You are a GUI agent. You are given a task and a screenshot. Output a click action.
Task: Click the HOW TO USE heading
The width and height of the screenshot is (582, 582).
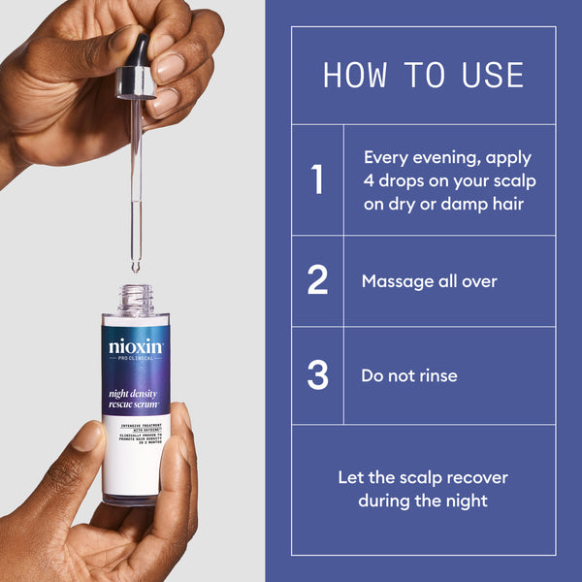tap(423, 76)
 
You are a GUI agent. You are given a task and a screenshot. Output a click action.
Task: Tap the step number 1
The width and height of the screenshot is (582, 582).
tap(317, 180)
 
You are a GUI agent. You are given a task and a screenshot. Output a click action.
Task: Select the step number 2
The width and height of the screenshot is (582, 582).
tap(317, 281)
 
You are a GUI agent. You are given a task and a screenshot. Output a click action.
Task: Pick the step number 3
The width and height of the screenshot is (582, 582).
tap(317, 375)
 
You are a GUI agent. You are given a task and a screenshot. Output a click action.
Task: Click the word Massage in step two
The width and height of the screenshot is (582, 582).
tap(394, 281)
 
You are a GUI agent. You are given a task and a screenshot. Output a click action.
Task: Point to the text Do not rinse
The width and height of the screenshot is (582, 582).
tap(408, 375)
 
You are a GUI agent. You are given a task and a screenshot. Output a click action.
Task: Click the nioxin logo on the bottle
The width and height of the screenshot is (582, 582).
tap(136, 346)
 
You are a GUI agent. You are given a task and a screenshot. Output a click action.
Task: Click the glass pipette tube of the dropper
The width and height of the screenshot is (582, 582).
tap(136, 175)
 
